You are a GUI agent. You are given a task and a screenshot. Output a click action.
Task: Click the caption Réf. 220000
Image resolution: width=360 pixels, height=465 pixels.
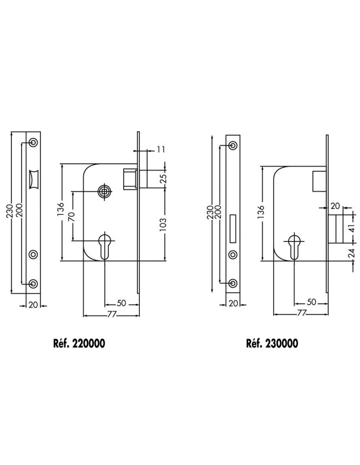[79, 344]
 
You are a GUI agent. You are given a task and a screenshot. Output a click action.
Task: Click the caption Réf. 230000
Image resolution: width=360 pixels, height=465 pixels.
[272, 344]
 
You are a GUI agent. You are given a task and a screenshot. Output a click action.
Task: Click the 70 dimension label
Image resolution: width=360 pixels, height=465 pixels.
[72, 217]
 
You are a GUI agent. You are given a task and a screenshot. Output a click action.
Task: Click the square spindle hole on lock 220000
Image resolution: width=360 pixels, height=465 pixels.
[104, 192]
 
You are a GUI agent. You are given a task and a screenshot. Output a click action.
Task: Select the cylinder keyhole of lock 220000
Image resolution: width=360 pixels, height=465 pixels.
[104, 246]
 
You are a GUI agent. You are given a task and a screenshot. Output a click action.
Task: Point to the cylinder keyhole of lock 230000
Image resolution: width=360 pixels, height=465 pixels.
[294, 247]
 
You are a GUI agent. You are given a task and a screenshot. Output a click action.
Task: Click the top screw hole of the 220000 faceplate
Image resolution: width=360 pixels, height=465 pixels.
[33, 142]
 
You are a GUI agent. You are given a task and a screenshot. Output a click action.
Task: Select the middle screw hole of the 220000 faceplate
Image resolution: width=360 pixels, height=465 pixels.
[33, 254]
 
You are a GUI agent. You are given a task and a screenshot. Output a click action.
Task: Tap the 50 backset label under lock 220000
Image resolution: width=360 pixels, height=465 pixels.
[121, 303]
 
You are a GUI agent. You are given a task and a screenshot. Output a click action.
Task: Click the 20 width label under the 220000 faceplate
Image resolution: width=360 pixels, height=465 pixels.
[33, 305]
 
